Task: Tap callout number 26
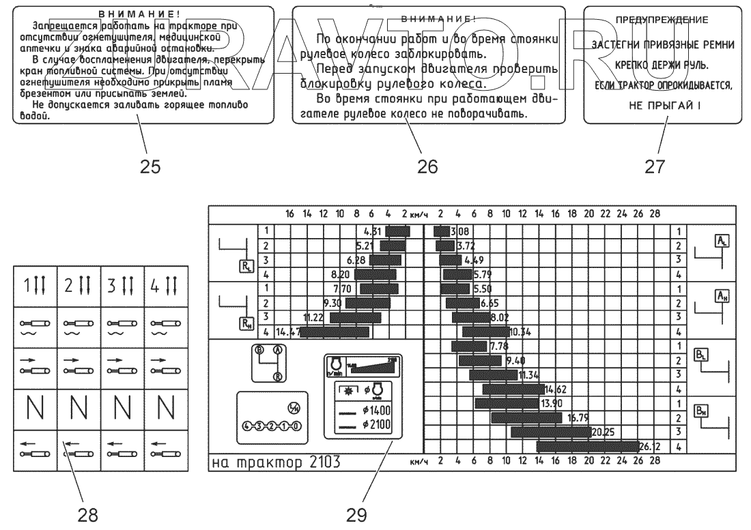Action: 428,166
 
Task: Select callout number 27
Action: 655,166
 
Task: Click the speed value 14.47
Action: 287,332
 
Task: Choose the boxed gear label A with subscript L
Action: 721,239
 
